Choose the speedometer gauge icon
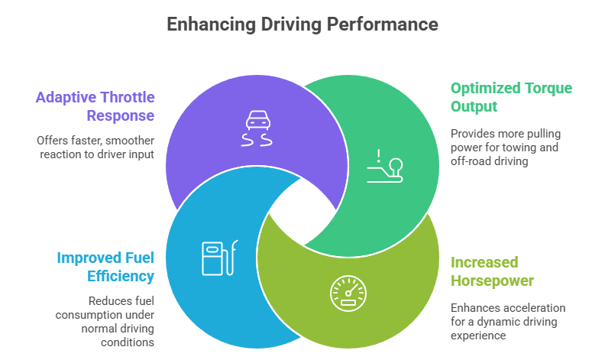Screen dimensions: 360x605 pos(348,292)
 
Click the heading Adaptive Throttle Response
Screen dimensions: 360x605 pos(95,106)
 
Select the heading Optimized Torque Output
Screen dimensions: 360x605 pos(510,96)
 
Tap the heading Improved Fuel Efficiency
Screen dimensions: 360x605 pos(105,266)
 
